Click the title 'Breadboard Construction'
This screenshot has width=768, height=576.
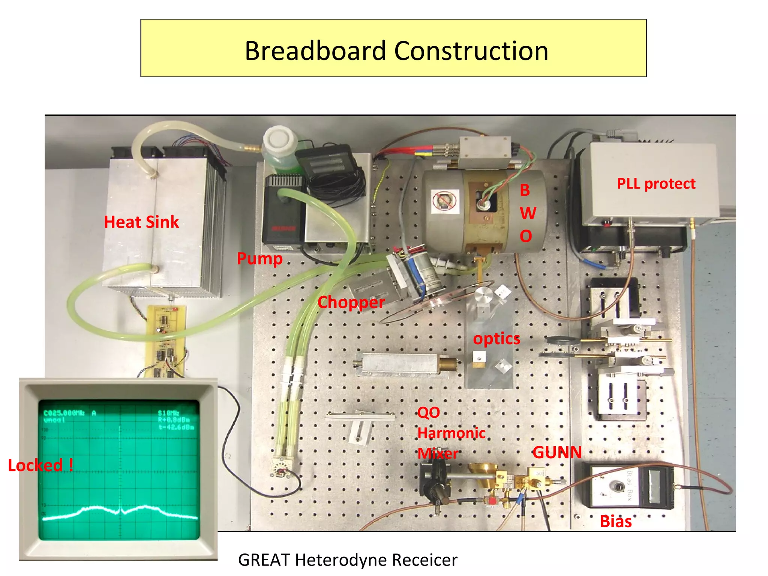(x=396, y=51)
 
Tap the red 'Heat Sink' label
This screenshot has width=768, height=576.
(x=141, y=222)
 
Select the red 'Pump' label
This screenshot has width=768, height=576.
(x=259, y=258)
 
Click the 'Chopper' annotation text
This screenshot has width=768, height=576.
(x=351, y=302)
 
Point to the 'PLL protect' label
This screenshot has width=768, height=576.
(x=656, y=184)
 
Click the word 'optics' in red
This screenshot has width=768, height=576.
(x=496, y=339)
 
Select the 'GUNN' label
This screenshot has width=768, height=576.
(x=557, y=452)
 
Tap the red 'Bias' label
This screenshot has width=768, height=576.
(x=615, y=521)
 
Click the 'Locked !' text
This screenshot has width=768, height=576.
(x=40, y=465)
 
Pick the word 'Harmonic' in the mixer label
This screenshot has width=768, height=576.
(x=451, y=433)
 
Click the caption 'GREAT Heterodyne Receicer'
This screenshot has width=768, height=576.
(x=348, y=560)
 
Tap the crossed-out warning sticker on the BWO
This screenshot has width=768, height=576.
(x=445, y=201)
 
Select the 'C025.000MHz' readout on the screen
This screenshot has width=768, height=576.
(x=64, y=413)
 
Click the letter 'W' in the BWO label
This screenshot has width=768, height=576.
(x=528, y=213)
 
